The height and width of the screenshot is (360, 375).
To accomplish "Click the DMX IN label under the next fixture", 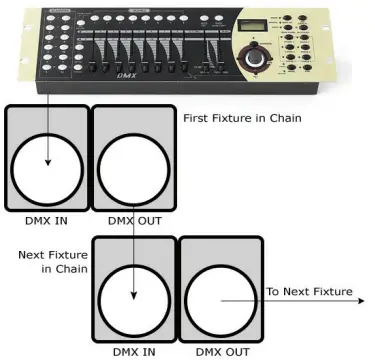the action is [134, 350].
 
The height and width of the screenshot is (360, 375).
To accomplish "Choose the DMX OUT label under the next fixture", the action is [221, 350].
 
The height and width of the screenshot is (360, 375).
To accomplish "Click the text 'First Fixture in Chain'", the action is [244, 118].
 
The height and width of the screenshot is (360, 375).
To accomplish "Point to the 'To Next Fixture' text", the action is [309, 292].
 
